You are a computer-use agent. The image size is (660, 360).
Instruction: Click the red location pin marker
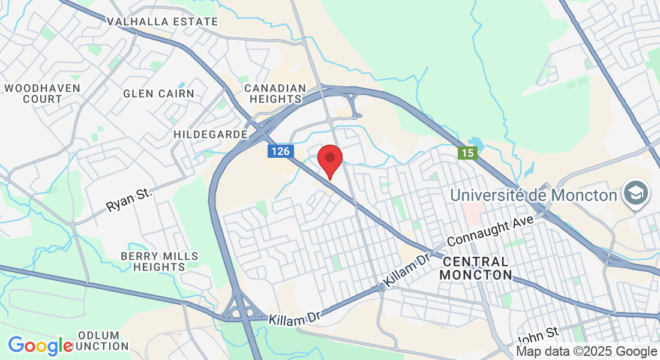coord(329,160)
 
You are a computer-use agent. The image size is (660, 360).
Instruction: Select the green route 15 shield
coord(468,153)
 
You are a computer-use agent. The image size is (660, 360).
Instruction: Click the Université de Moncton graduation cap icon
coord(635,194)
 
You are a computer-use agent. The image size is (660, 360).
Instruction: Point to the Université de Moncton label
coord(533,195)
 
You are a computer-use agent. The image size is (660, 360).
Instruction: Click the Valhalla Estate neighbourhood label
coord(162,22)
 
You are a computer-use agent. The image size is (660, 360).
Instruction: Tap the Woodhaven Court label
coord(34,94)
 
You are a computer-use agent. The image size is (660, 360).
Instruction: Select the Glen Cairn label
coord(158,94)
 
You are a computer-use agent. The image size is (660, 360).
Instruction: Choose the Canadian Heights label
coord(275,94)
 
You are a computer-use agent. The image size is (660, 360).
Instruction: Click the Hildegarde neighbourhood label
coord(211,134)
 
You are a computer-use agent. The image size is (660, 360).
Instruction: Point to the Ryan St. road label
coord(129,199)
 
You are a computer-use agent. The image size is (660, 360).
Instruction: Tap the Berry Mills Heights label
coord(159,261)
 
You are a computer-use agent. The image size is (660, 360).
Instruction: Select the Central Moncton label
coord(476,268)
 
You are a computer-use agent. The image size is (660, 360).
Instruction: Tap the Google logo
coord(40,346)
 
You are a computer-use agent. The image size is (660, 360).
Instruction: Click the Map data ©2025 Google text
coord(586,352)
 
